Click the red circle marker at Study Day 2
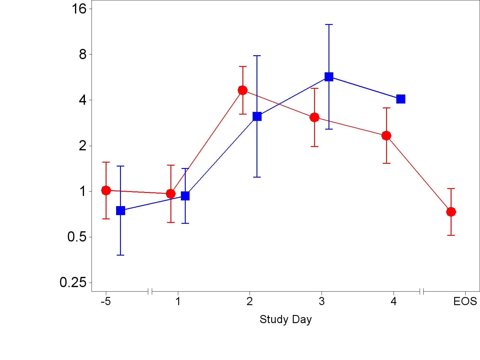[242, 90]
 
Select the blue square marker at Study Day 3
[329, 77]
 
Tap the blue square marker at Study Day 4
[401, 99]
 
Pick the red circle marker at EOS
[451, 212]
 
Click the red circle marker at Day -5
[106, 190]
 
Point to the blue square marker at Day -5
[120, 211]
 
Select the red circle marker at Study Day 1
[171, 194]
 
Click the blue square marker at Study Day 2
[257, 116]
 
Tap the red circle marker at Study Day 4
[386, 136]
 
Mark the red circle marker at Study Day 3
[314, 117]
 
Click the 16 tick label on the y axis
[79, 9]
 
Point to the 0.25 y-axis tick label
[73, 283]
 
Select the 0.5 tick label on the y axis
[77, 237]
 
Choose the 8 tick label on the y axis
[82, 55]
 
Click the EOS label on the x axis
[465, 301]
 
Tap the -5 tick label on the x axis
[106, 301]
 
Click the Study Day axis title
[286, 319]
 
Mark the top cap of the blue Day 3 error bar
[329, 25]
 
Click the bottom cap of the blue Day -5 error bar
[120, 255]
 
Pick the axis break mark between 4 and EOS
[421, 291]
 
